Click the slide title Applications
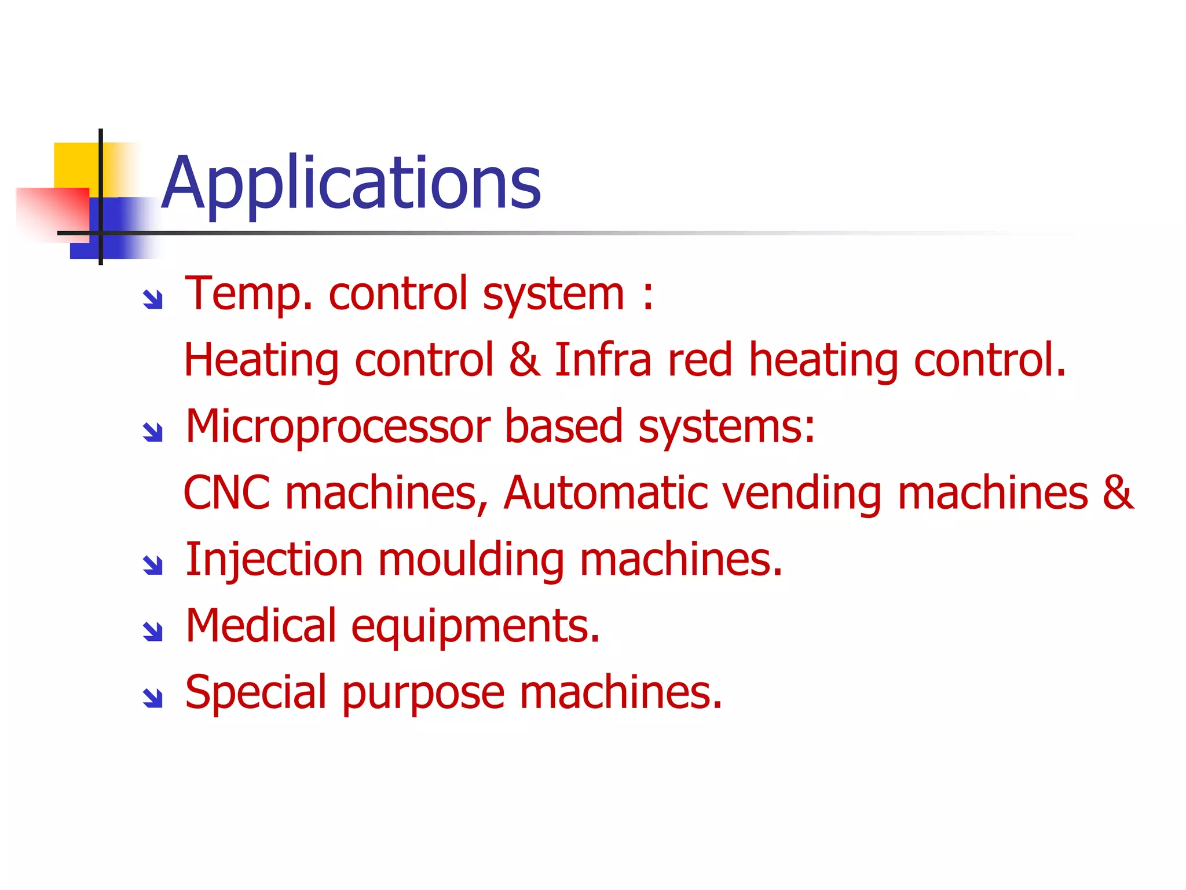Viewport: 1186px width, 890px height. click(351, 183)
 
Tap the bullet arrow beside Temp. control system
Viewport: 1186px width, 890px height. click(153, 299)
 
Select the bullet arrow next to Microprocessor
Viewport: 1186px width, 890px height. click(153, 432)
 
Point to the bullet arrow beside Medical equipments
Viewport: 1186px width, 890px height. click(153, 631)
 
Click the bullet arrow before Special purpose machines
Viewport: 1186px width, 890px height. click(153, 698)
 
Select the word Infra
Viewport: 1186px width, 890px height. click(603, 360)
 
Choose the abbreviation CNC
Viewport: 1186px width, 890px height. click(226, 493)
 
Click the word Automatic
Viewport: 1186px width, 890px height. click(605, 493)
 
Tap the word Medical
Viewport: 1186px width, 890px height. click(261, 626)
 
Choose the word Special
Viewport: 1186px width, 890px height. click(255, 693)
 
